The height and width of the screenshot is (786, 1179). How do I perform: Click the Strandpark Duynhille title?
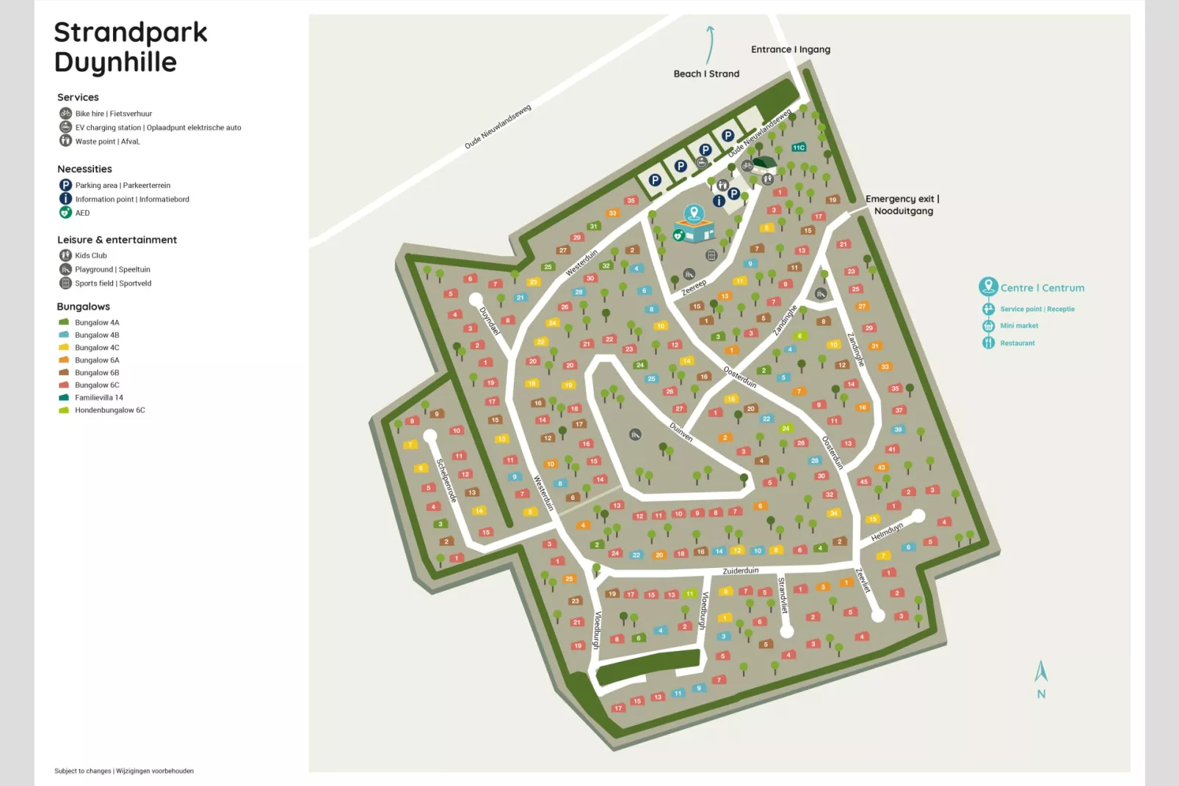(x=130, y=47)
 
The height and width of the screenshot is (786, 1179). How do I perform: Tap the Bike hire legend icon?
(x=65, y=114)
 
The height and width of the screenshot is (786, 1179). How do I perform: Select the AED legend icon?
(x=65, y=213)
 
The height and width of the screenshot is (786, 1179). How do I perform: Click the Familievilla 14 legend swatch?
(x=64, y=398)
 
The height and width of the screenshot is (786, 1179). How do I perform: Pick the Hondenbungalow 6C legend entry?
(x=109, y=410)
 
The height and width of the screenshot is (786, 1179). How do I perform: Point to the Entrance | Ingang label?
(x=790, y=49)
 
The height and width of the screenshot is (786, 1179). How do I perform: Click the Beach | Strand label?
(x=706, y=73)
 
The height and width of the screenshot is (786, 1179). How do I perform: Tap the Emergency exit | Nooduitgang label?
(x=902, y=205)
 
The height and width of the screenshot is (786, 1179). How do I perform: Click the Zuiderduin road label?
(x=740, y=571)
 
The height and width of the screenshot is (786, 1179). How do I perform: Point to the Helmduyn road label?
(x=887, y=532)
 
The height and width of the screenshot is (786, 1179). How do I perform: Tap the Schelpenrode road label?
(x=446, y=481)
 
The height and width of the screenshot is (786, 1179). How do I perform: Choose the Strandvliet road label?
(x=783, y=595)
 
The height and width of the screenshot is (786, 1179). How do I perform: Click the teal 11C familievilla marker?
(x=799, y=148)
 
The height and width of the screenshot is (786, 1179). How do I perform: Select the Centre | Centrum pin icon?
(x=988, y=286)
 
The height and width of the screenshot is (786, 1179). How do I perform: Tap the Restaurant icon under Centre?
(x=988, y=343)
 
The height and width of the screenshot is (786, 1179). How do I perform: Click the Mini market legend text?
(x=1019, y=326)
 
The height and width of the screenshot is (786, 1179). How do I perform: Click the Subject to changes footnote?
(x=124, y=771)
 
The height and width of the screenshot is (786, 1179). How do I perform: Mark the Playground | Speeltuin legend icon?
(x=65, y=269)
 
